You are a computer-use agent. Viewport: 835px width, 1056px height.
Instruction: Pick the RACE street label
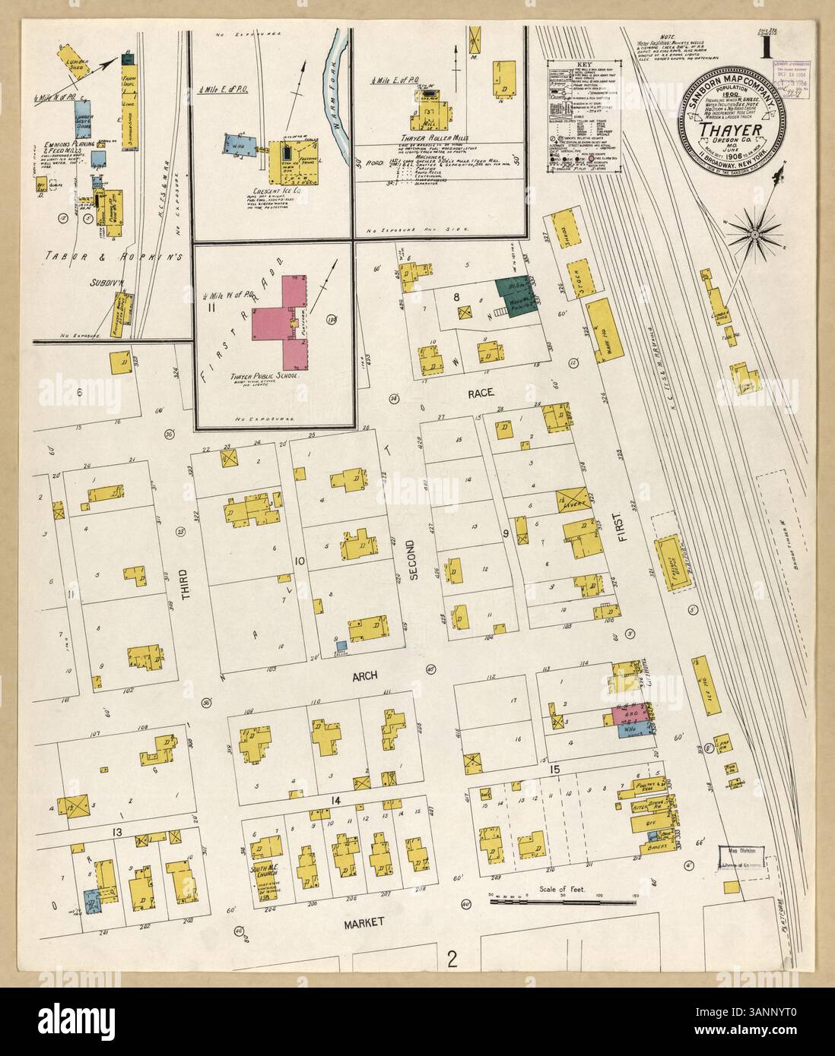pos(481,393)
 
